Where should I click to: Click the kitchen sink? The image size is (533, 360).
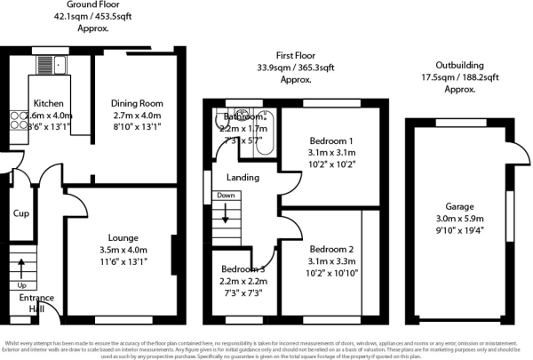coord(45,64)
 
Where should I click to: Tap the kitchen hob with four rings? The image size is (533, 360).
coord(18,124)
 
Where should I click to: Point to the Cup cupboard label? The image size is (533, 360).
coord(20,213)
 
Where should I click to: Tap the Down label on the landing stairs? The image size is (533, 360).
coord(226,195)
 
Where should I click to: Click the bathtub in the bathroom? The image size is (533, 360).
coord(264,133)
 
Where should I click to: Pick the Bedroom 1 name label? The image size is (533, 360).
coord(330,140)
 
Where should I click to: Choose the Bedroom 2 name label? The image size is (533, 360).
coord(332,249)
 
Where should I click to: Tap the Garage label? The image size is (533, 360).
coord(455,204)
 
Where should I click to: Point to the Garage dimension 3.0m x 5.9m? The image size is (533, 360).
coord(455,219)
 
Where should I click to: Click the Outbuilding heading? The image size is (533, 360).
coord(460,65)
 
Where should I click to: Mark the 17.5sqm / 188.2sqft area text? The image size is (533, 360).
coord(460,77)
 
